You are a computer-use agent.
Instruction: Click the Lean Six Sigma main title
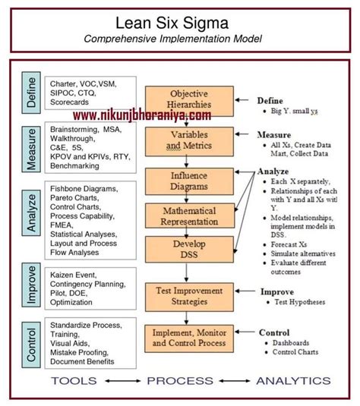pos(179,20)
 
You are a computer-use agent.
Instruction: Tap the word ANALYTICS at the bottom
pos(293,380)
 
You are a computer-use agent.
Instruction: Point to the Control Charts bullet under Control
pos(298,353)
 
